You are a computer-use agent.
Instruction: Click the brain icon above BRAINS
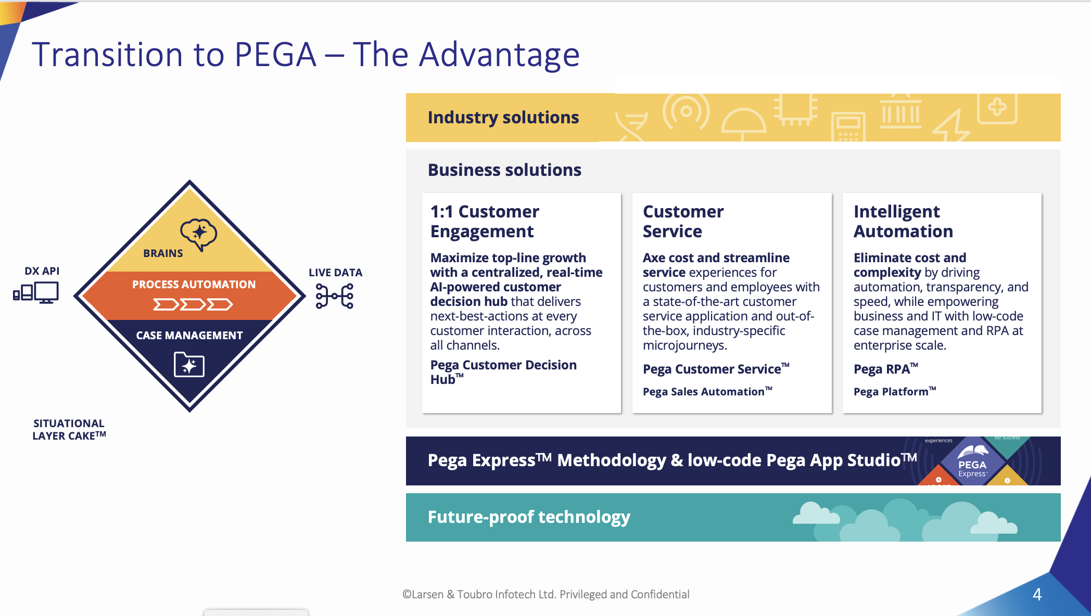click(198, 234)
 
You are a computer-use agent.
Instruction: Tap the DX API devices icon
click(36, 292)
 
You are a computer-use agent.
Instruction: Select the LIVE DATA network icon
click(335, 296)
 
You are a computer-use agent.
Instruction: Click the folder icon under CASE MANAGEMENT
click(189, 364)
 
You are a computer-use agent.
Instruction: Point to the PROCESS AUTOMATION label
click(194, 285)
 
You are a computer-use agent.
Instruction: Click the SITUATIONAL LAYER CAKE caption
click(69, 430)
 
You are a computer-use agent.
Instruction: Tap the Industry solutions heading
click(503, 118)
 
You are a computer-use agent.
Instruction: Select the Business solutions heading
click(504, 170)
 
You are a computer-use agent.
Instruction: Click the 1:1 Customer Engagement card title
click(485, 221)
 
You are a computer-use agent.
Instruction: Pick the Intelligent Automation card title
click(903, 221)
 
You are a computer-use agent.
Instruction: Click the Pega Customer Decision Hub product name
click(503, 372)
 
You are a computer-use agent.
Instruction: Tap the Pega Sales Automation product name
click(707, 392)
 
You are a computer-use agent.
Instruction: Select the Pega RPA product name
click(885, 369)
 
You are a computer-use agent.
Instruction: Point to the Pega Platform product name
click(895, 392)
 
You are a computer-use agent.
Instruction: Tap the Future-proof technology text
click(529, 517)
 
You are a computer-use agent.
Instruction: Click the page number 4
click(1037, 594)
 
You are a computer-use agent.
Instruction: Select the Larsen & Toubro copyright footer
click(545, 594)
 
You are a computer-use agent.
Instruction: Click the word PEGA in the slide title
click(275, 54)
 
